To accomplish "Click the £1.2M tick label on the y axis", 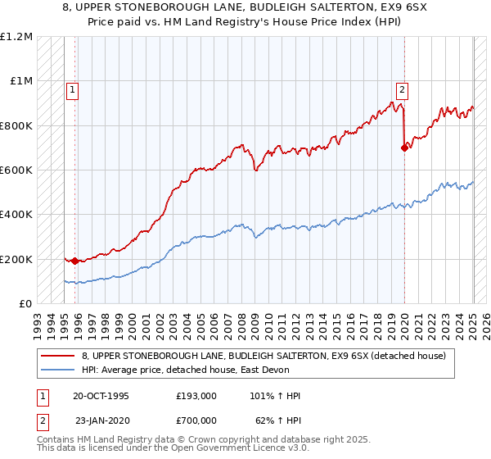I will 16,37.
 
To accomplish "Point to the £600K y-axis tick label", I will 16,170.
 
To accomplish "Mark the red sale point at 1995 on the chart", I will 74,261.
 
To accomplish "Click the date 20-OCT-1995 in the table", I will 100,396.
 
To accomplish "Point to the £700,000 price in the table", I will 196,419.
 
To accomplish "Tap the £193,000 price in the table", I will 196,396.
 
